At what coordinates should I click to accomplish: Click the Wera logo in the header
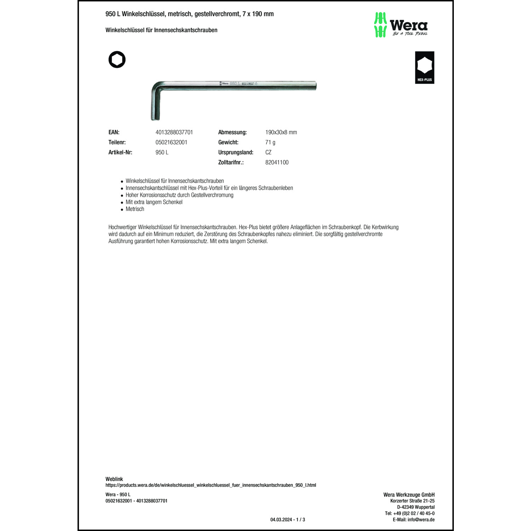[401, 25]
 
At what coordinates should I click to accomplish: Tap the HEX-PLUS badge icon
[424, 68]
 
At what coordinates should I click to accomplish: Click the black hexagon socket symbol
[117, 59]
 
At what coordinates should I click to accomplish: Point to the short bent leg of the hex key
[156, 106]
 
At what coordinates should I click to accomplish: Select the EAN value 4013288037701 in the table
[174, 132]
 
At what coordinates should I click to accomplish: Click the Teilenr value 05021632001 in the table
[171, 142]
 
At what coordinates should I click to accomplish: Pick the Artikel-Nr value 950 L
[162, 152]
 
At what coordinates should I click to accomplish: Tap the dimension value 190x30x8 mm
[281, 132]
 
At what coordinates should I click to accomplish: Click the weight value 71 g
[270, 142]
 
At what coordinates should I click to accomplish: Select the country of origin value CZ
[268, 152]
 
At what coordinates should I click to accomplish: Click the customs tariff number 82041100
[277, 162]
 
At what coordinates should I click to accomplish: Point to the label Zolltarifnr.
[231, 162]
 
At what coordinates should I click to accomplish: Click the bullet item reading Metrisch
[135, 209]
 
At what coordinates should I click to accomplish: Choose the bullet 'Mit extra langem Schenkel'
[154, 202]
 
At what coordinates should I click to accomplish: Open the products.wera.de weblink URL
[211, 485]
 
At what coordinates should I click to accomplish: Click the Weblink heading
[114, 479]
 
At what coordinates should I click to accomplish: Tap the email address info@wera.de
[421, 520]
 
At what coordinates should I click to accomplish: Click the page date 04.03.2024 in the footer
[281, 520]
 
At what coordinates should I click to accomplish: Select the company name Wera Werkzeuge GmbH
[409, 495]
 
